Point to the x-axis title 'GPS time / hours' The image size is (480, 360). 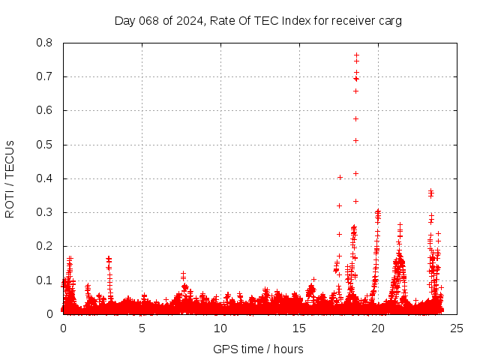259,349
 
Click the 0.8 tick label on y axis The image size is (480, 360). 46,43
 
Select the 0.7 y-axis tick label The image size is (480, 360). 46,76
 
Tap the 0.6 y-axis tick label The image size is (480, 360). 46,110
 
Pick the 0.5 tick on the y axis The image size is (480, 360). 46,144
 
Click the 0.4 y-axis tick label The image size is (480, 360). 46,178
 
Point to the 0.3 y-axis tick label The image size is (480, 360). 46,212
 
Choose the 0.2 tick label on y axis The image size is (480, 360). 46,246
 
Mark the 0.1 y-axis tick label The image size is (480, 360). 46,280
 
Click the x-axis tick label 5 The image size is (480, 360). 142,328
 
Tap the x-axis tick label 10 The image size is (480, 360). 220,328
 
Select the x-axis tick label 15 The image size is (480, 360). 299,328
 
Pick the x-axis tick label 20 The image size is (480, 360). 378,328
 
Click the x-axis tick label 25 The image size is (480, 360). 457,328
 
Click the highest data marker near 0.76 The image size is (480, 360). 356,55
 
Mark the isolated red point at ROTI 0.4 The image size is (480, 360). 340,178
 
